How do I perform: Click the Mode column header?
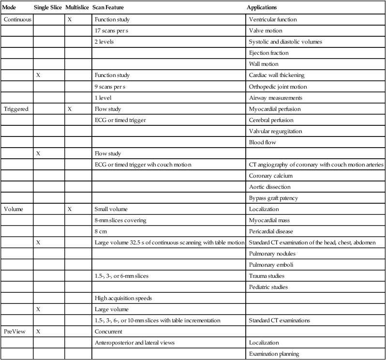point(10,9)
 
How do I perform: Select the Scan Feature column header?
point(110,9)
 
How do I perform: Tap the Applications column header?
point(264,9)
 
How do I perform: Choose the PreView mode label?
point(15,331)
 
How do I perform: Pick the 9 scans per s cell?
point(113,87)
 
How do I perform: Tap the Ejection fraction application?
point(268,53)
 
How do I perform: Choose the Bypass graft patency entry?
point(273,198)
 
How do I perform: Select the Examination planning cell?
point(274,354)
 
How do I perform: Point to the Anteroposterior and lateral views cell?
point(134,343)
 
